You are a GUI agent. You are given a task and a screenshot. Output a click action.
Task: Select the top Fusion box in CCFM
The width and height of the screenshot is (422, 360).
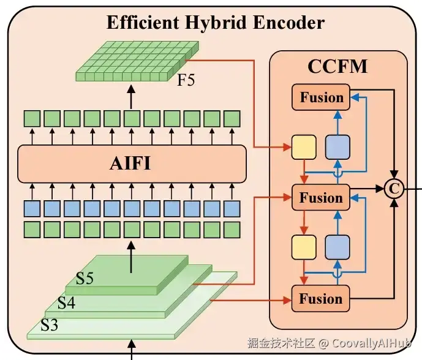(320, 97)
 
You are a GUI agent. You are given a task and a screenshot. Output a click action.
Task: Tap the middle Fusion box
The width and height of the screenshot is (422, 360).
(320, 198)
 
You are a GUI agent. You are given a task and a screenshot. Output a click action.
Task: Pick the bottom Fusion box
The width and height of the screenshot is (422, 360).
(320, 299)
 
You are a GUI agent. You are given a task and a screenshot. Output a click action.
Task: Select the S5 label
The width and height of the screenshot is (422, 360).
(85, 279)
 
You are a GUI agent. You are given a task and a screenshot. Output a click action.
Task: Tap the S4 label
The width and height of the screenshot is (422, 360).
(66, 302)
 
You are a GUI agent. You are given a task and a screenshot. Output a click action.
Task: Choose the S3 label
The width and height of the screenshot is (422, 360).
(49, 324)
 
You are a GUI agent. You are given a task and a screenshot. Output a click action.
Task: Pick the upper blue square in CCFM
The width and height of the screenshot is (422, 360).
(337, 147)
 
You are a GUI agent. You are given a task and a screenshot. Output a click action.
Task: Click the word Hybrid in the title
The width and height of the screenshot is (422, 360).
(206, 23)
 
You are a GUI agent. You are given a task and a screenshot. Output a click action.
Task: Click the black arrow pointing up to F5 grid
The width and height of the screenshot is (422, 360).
(130, 94)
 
